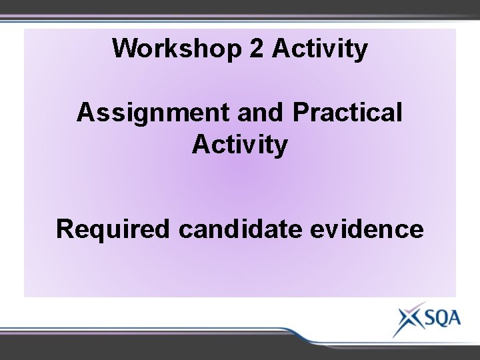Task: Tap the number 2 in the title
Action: (x=255, y=49)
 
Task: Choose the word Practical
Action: (x=347, y=113)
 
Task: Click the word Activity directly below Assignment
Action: (x=240, y=144)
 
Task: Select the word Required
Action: (x=113, y=229)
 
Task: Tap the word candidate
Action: (x=241, y=229)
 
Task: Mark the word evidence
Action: (x=367, y=229)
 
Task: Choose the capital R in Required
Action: (x=65, y=229)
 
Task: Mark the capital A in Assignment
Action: (x=85, y=113)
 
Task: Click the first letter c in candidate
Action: (x=185, y=229)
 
